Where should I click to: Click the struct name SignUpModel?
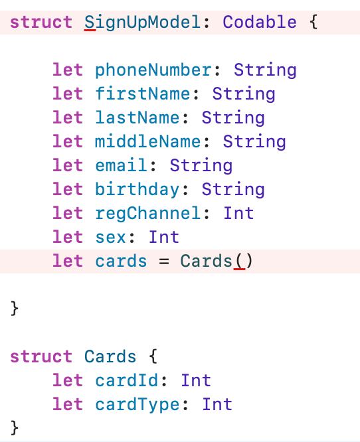point(143,23)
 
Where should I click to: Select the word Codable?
point(260,22)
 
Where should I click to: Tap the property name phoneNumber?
point(153,70)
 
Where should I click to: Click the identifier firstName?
point(143,94)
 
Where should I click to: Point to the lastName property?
point(137,117)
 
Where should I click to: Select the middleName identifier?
point(148,141)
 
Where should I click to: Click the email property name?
point(121,165)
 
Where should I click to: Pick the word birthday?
point(137,189)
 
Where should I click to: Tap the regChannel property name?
point(148,214)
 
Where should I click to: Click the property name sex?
point(110,238)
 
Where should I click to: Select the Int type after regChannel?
point(238,213)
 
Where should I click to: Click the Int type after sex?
point(164,237)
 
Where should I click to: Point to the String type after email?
point(201,165)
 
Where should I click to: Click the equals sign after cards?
point(164,261)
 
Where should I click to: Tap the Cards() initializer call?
point(217,261)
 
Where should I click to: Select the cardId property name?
point(126,380)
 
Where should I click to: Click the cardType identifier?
point(137,405)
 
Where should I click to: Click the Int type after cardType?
point(217,404)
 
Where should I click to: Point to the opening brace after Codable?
point(314,23)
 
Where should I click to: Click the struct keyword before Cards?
point(41,356)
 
